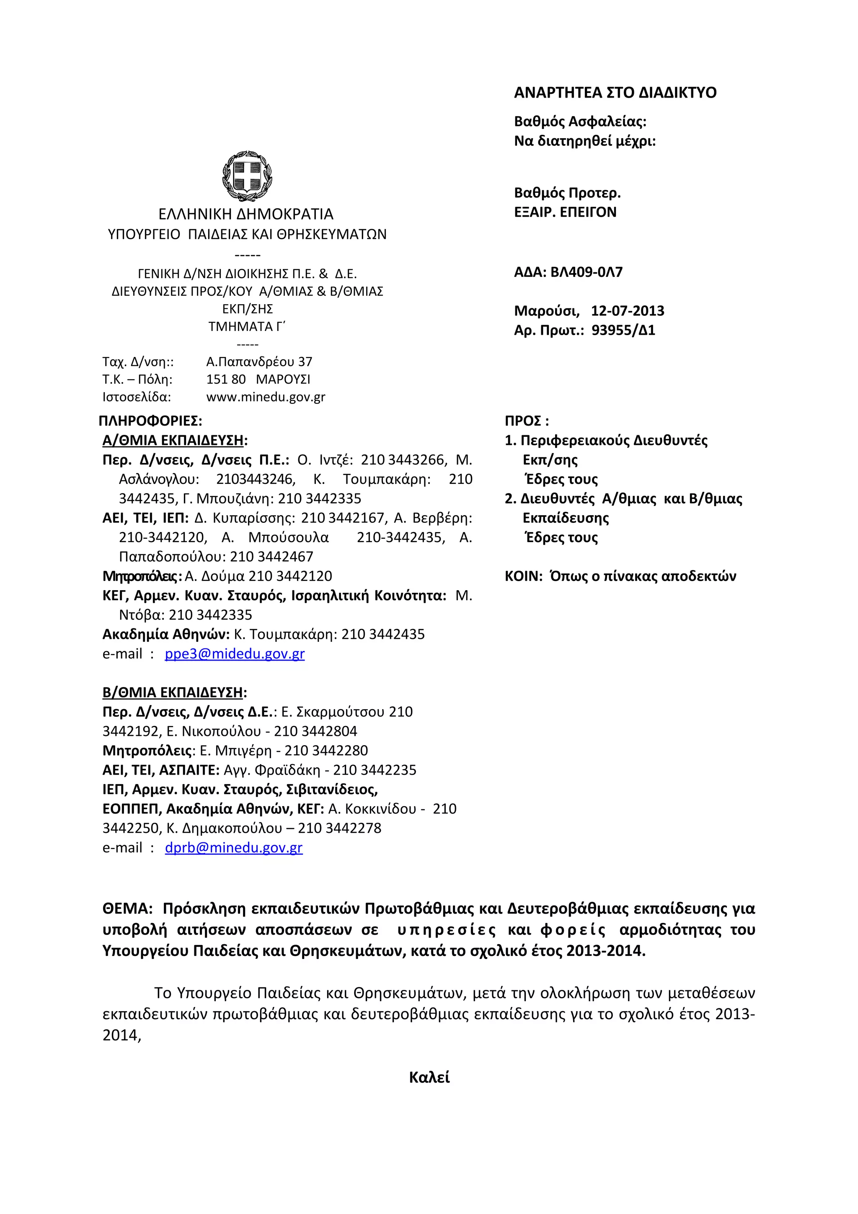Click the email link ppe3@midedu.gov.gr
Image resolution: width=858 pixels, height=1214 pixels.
234,654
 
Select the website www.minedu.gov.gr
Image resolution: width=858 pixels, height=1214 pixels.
265,397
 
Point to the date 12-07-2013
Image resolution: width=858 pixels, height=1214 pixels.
627,311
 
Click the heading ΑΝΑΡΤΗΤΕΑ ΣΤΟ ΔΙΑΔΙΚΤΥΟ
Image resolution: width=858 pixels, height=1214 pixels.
615,93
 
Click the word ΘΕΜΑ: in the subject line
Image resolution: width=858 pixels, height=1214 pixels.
127,909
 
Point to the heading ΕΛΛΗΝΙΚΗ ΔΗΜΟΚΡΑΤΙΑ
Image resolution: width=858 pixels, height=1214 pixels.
246,214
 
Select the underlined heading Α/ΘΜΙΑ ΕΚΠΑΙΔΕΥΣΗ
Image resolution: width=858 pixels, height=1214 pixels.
173,440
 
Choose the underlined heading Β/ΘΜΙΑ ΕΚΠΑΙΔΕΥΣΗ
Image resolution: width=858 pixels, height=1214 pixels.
173,692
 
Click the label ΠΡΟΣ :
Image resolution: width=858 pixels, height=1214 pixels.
527,421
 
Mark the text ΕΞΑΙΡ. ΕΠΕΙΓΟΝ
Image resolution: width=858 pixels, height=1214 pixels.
565,212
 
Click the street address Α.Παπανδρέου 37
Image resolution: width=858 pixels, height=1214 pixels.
259,362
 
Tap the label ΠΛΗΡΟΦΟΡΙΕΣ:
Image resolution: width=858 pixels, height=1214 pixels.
150,421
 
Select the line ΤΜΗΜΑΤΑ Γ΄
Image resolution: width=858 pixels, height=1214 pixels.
247,327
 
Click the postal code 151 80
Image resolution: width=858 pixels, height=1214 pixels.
226,380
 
